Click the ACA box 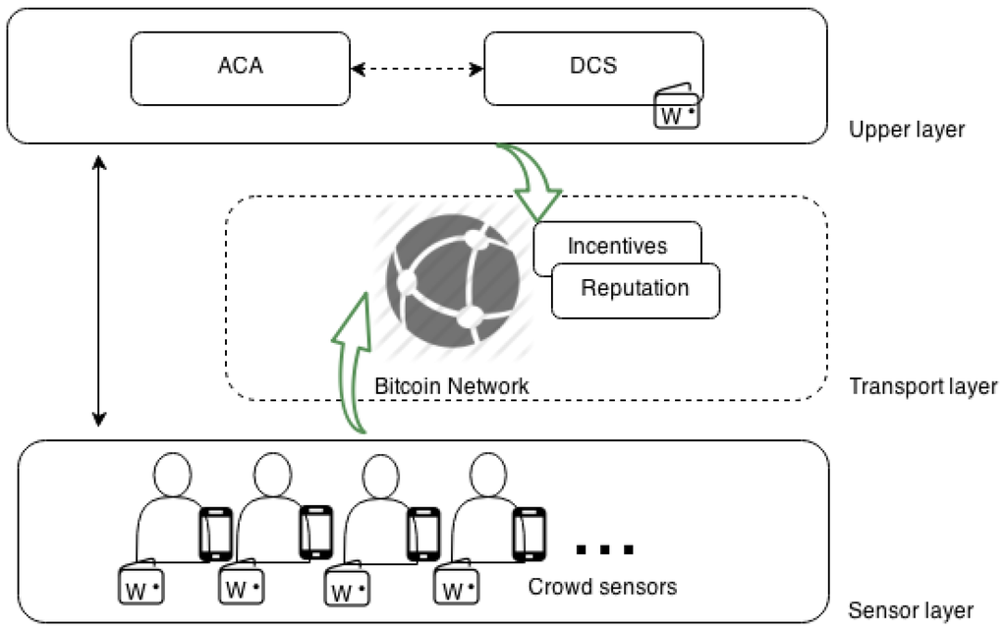[x=241, y=68]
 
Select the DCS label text [x=592, y=67]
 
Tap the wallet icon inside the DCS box [x=678, y=110]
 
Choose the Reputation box [x=635, y=289]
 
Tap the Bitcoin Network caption [x=452, y=386]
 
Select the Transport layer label [x=922, y=386]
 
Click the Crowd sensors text [x=602, y=588]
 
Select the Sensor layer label [x=911, y=610]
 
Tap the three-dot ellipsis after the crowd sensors [x=603, y=548]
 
